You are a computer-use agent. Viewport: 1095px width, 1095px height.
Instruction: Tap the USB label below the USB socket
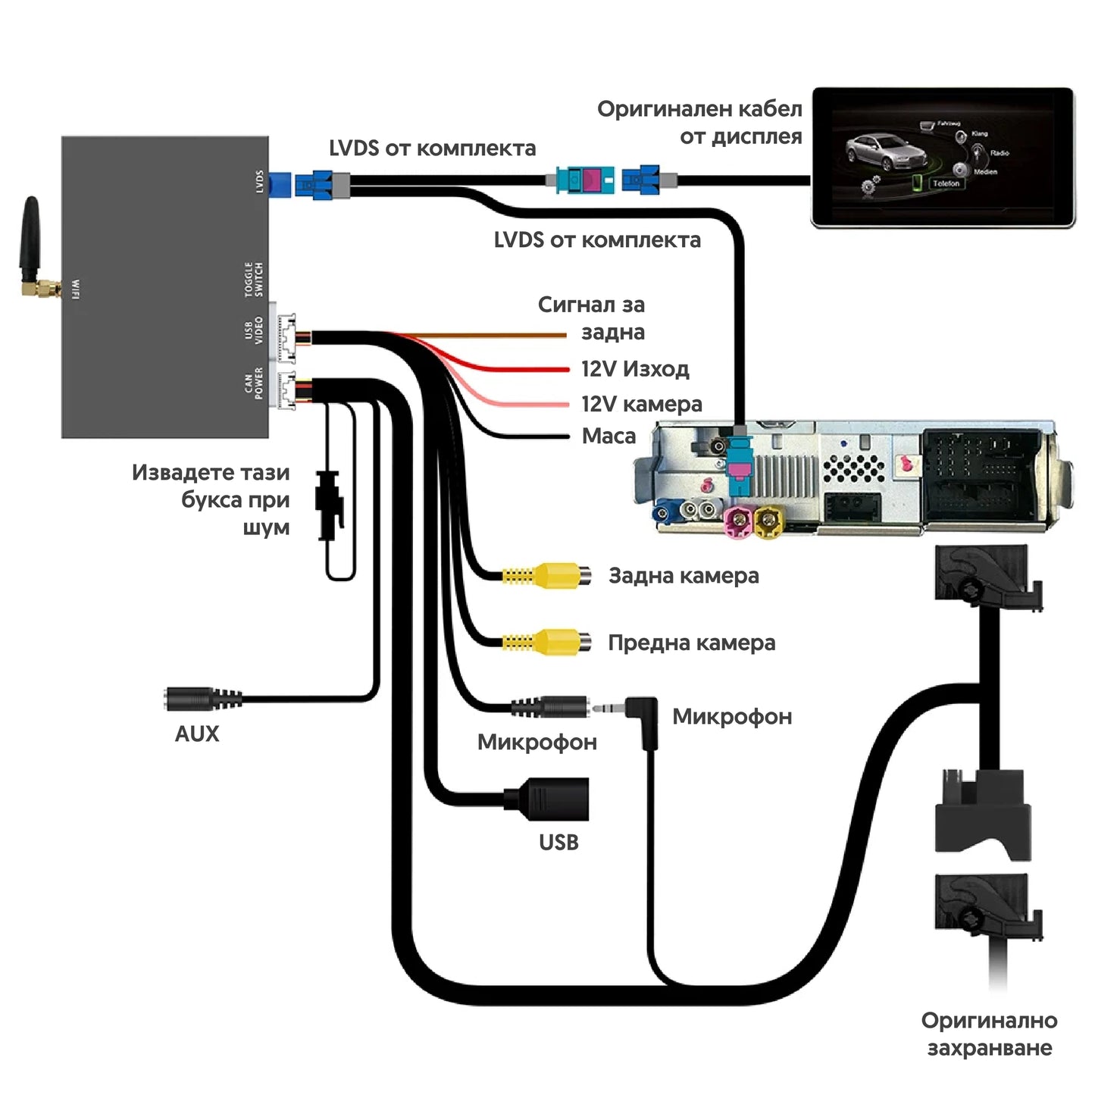558,842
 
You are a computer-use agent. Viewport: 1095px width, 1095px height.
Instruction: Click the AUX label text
197,734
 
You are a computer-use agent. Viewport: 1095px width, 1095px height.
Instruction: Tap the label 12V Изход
635,369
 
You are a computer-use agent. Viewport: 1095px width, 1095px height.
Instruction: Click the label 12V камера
641,404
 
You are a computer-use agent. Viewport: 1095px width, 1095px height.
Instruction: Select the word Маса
609,436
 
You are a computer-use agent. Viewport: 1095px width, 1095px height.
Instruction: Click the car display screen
943,157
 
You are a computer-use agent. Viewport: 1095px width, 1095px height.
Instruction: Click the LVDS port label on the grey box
260,182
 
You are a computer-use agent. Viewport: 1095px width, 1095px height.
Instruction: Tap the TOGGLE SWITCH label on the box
255,280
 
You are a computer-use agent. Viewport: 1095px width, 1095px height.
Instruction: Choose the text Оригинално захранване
989,1034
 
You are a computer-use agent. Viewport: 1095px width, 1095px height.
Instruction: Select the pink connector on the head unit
736,521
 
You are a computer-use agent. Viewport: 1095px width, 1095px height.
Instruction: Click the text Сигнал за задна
592,318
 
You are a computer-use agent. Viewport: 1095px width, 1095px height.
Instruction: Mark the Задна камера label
684,576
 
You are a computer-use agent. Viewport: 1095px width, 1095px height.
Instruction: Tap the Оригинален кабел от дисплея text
699,123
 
